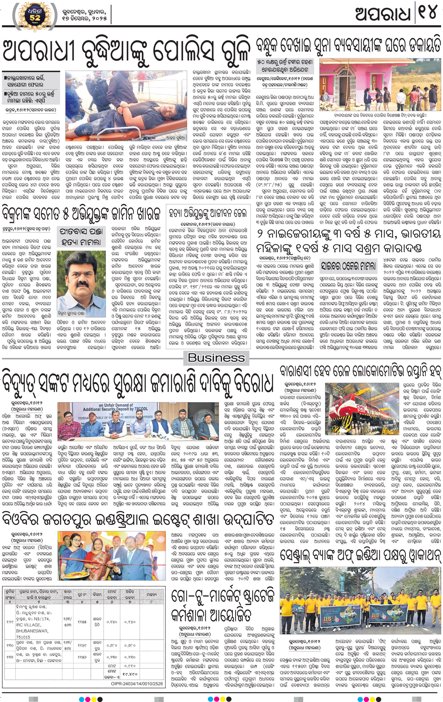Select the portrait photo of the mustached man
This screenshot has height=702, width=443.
click(81, 283)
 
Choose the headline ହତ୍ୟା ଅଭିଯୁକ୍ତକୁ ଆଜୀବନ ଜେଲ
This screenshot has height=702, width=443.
click(208, 214)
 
